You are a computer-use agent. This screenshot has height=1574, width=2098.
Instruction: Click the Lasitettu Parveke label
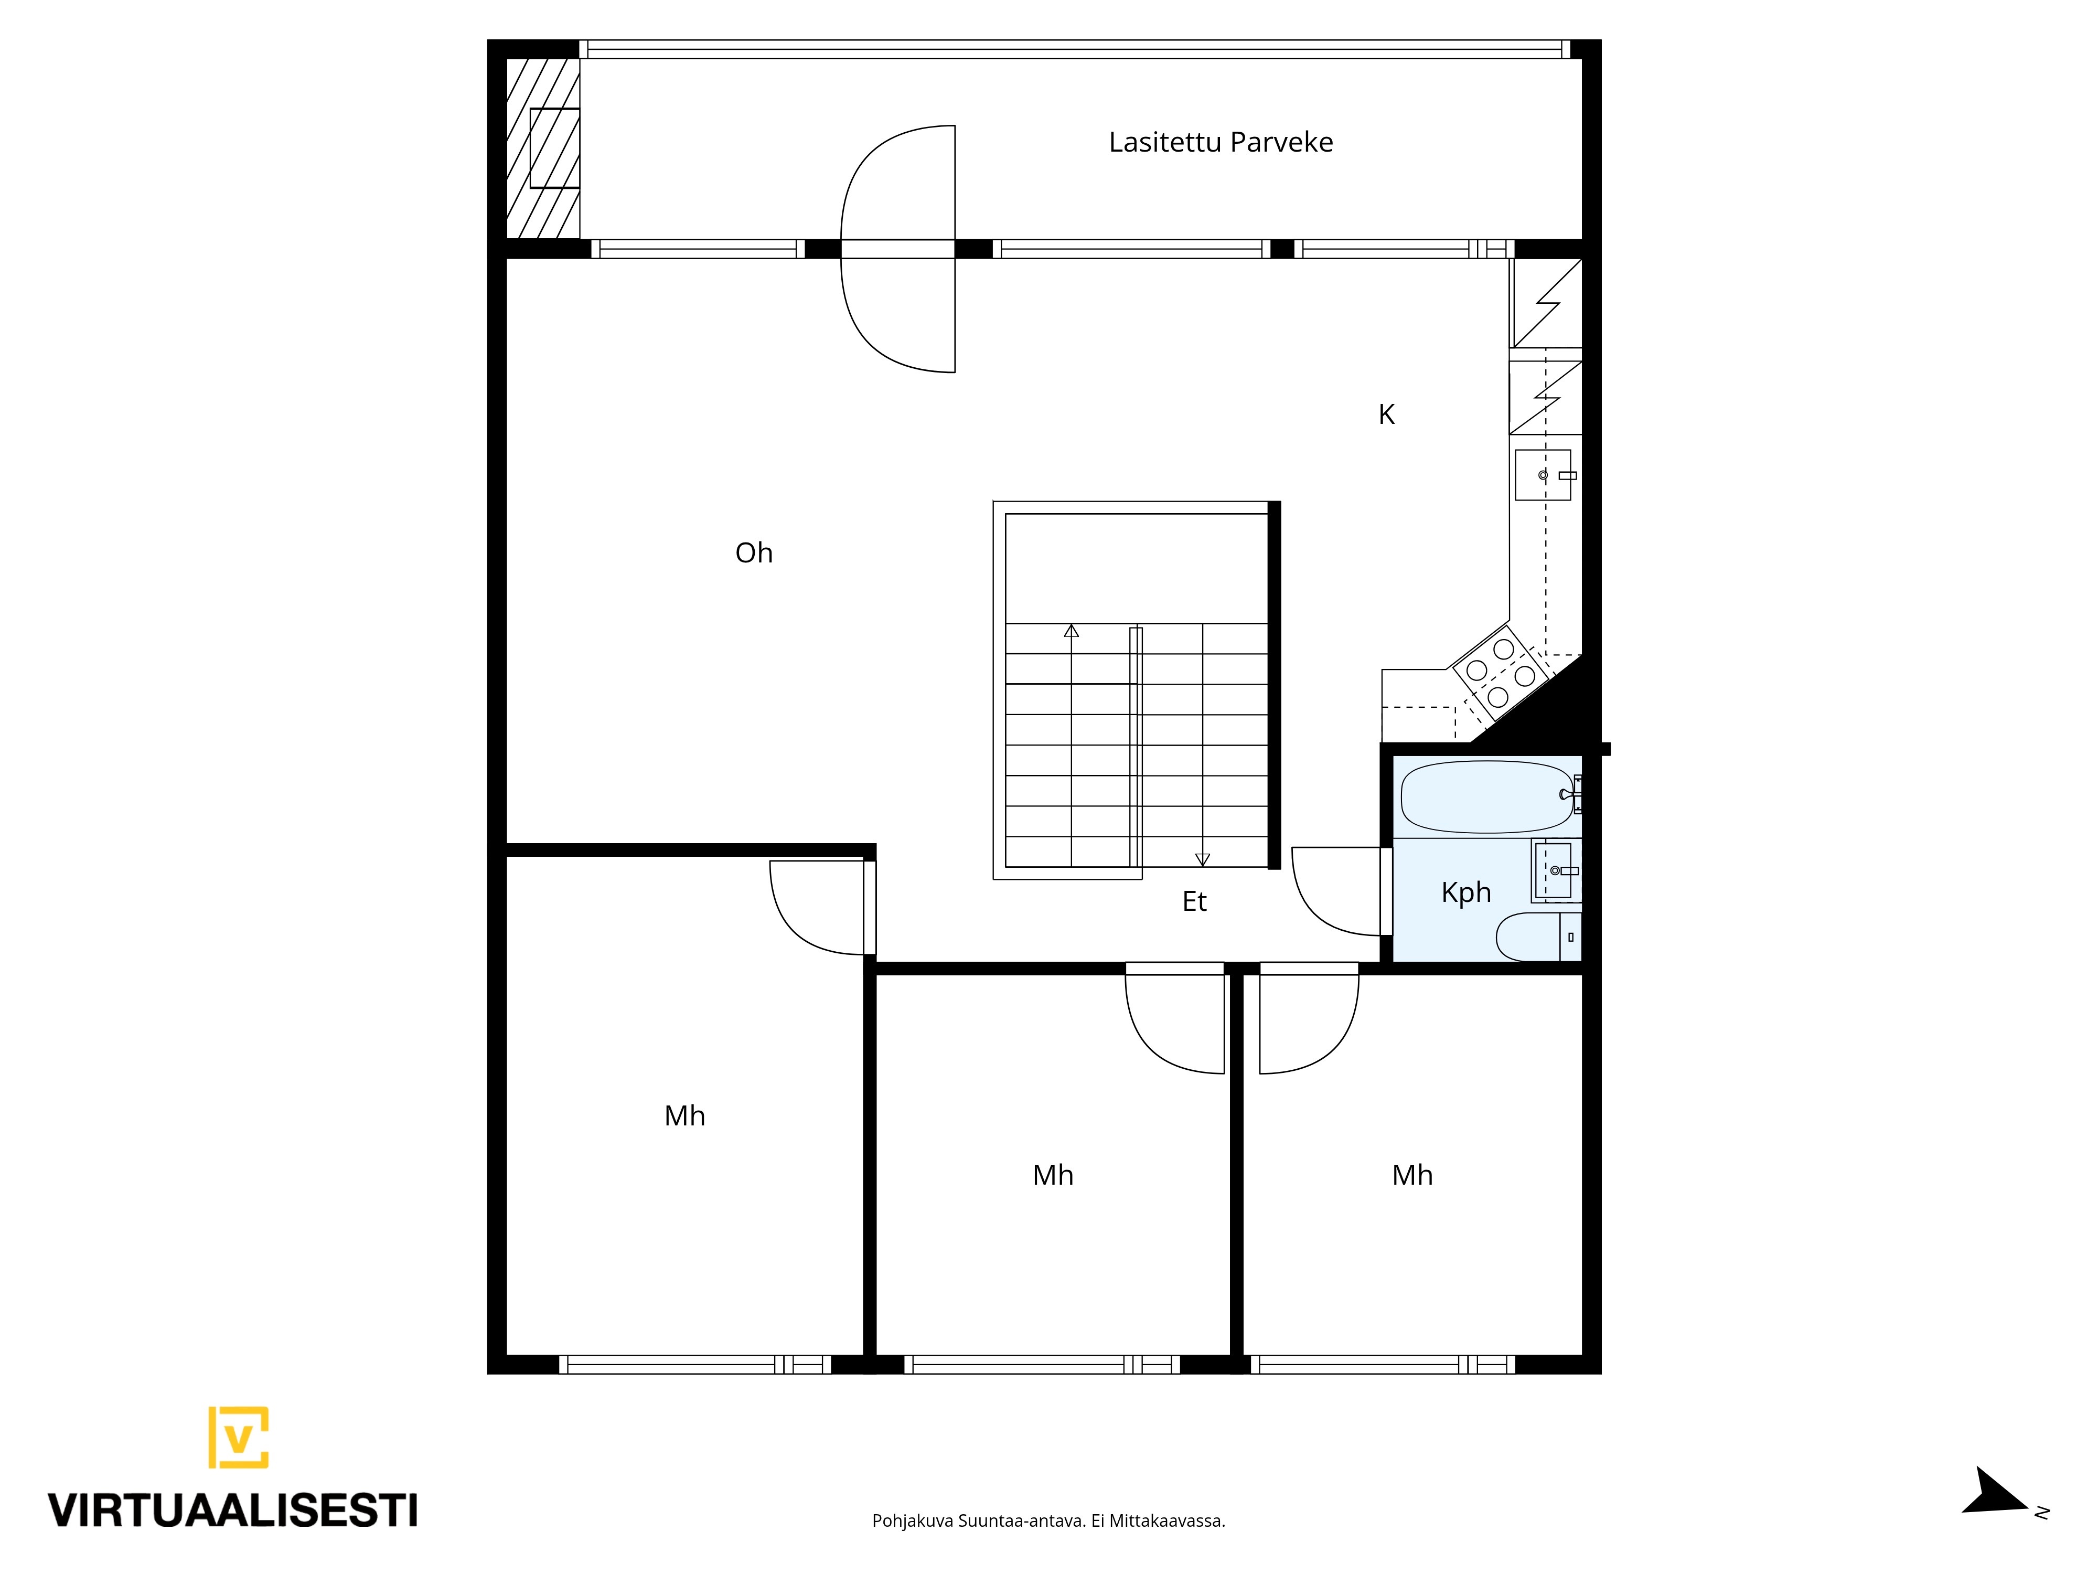(1221, 142)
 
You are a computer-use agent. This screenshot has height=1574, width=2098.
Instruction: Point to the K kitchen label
(1387, 414)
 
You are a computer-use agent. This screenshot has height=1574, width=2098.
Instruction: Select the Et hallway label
(1194, 901)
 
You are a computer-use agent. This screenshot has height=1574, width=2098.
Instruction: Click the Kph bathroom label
(1467, 893)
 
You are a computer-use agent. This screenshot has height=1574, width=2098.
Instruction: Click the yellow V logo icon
(238, 1438)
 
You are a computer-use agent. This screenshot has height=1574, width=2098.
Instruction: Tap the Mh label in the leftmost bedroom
(685, 1116)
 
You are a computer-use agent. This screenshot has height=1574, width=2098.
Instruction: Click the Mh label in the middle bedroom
(1053, 1176)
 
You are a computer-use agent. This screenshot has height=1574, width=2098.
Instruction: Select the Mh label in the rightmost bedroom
(1412, 1176)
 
